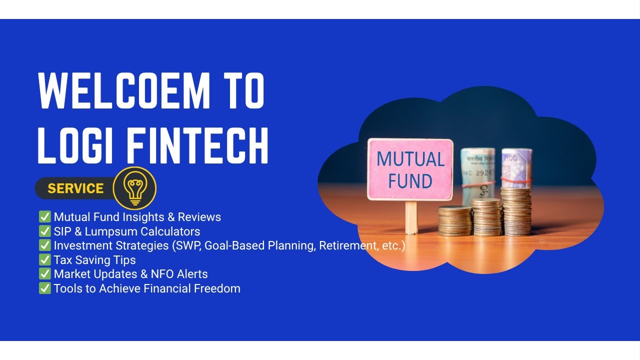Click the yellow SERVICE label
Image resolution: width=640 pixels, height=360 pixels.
tap(75, 188)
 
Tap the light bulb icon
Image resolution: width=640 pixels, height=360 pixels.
tap(134, 188)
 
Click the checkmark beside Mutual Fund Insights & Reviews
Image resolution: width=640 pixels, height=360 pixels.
tap(45, 217)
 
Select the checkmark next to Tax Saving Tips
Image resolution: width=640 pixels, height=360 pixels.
tap(45, 260)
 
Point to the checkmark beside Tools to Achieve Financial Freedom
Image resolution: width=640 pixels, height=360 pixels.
tap(45, 288)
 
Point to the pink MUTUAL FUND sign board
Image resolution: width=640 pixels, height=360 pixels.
tap(410, 170)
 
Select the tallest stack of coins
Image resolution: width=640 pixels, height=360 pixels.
tap(515, 210)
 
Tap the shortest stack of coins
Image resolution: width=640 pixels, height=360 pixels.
tap(455, 220)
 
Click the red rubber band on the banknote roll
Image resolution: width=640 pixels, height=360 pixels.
tap(515, 179)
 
